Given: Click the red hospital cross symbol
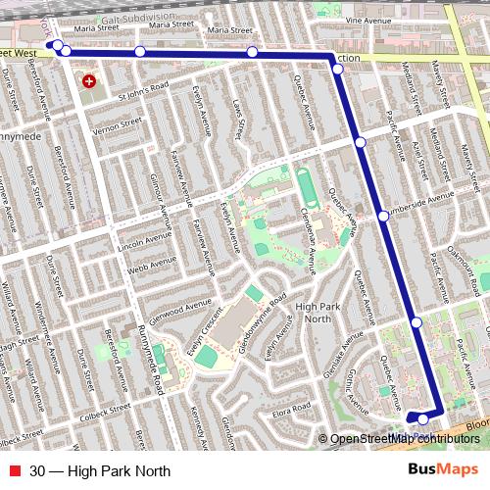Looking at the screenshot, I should (x=89, y=81).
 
